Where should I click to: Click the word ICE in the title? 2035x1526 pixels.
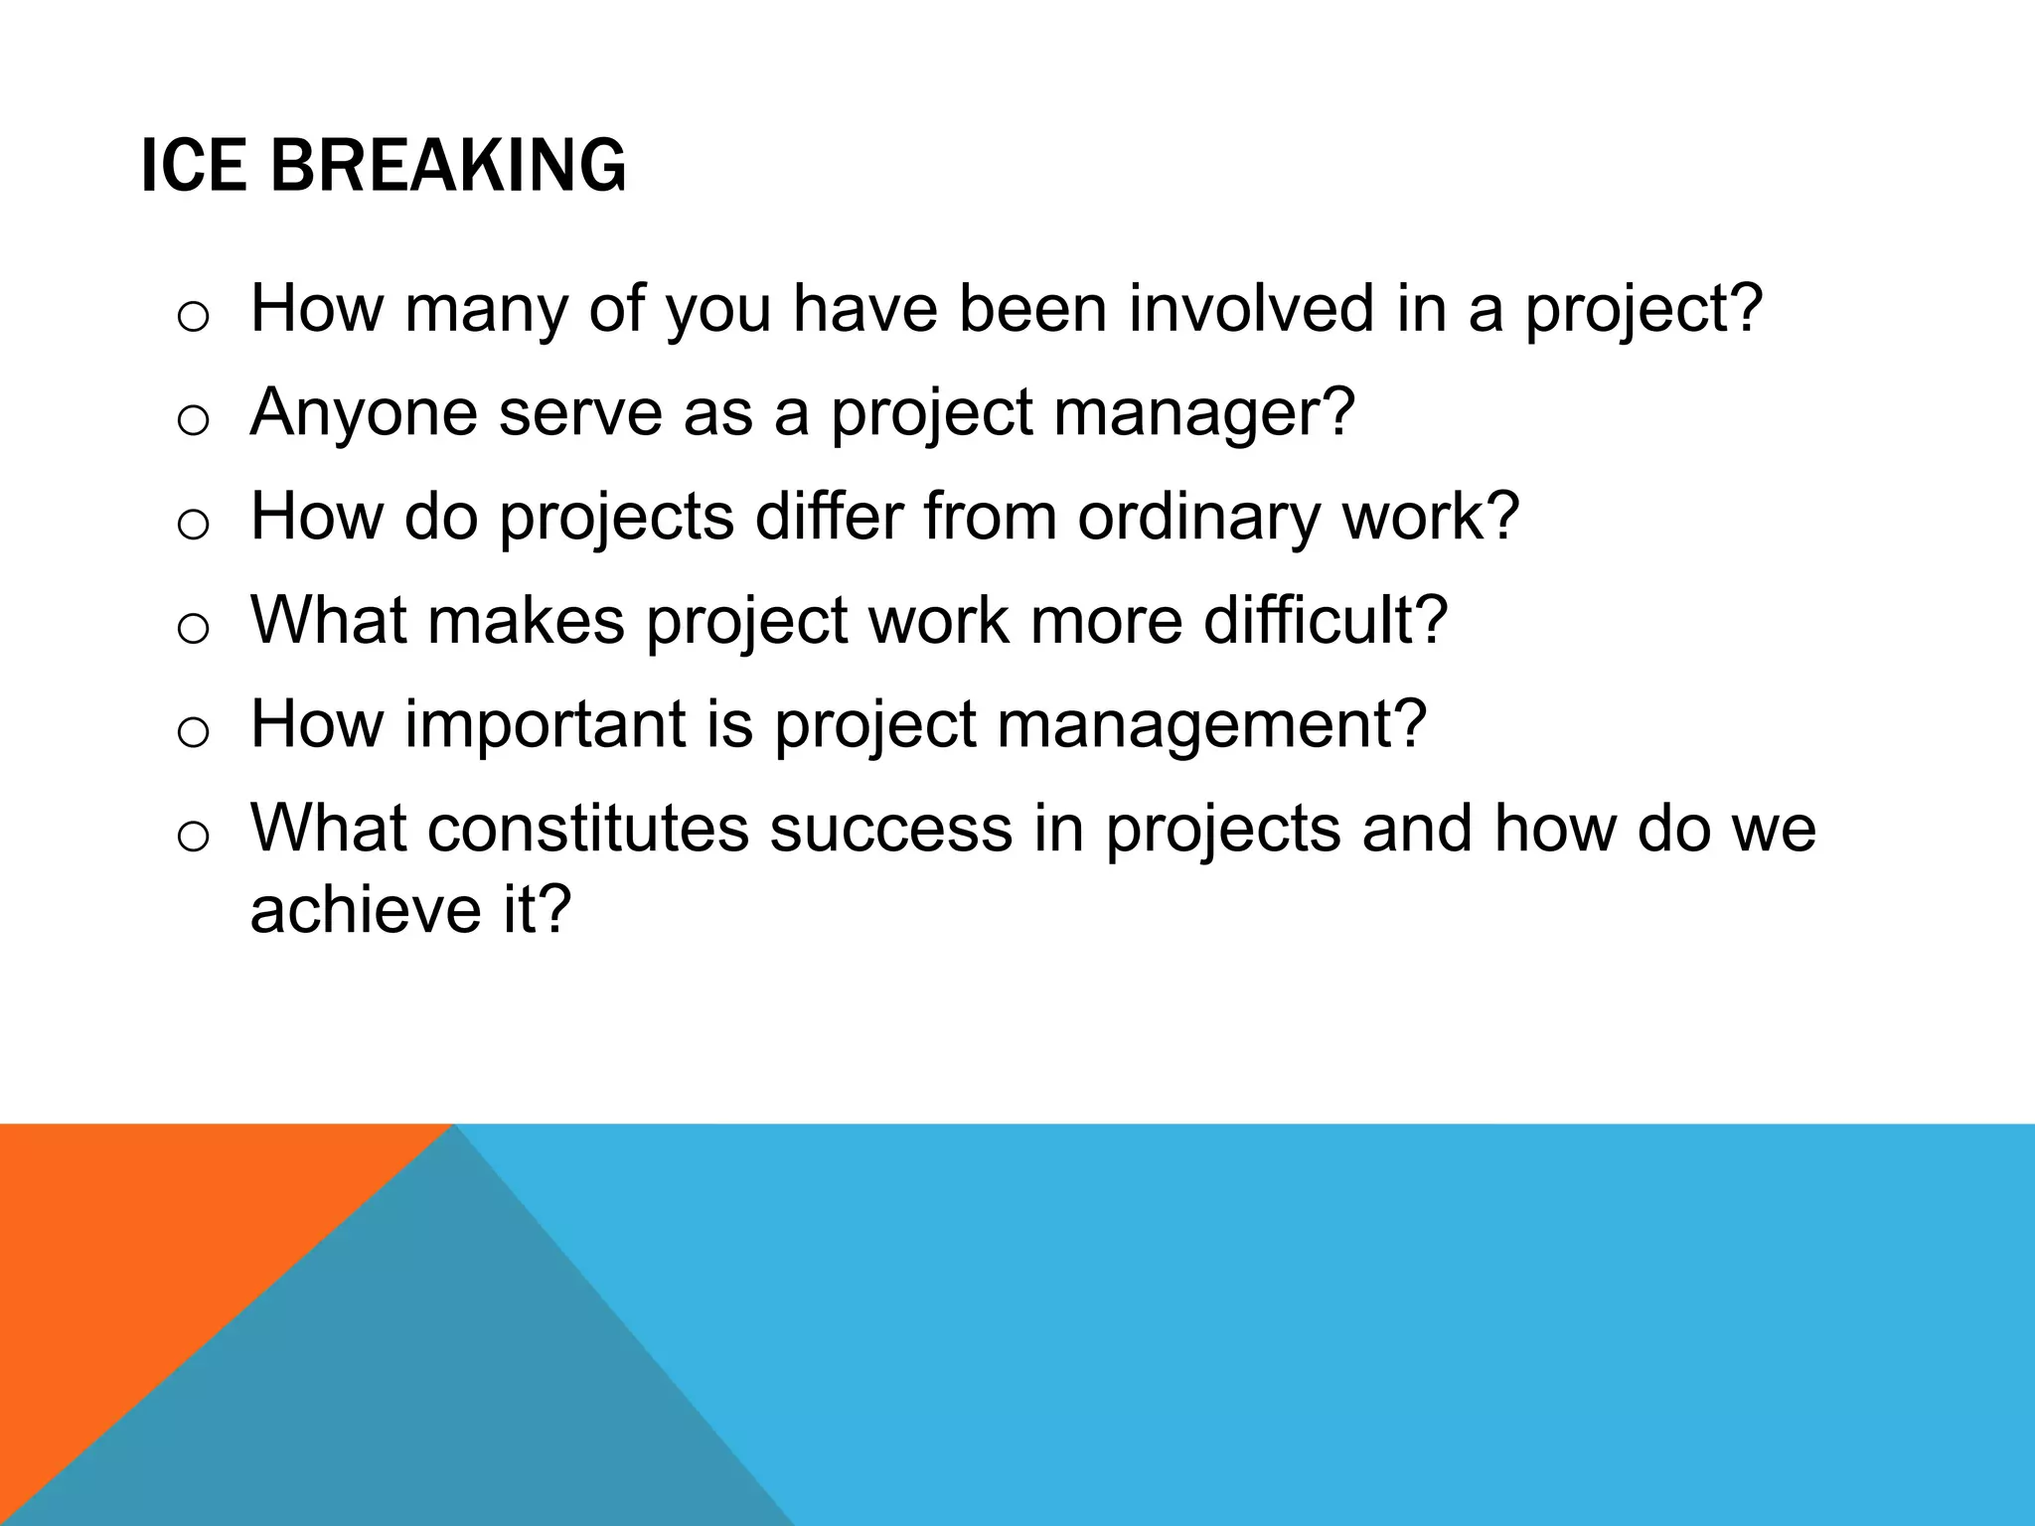coord(193,166)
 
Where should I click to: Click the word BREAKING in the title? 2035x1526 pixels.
coord(448,166)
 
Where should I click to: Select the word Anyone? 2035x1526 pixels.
coord(364,412)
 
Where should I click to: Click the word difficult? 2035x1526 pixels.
coord(1326,621)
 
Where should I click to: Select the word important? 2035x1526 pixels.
coord(546,724)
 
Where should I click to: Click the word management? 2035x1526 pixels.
coord(1211,724)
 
